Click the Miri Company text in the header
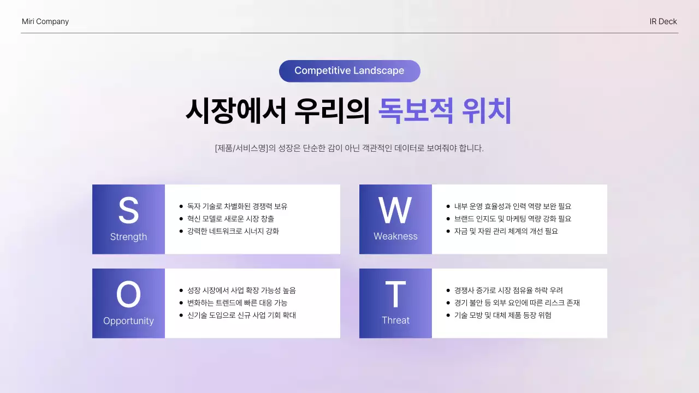(45, 22)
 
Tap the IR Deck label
(663, 22)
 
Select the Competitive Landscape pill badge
(349, 71)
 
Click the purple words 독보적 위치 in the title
(445, 111)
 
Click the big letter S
(128, 211)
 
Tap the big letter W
(395, 211)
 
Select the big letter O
(128, 295)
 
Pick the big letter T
(395, 295)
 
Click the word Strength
(128, 237)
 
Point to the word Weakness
(395, 236)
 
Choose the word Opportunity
(128, 321)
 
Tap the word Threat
(395, 320)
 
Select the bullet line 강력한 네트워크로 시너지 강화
(233, 231)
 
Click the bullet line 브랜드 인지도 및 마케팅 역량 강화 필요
(512, 219)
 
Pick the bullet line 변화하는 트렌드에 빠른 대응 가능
(237, 303)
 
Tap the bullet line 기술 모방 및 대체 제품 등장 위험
(502, 315)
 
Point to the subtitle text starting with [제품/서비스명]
(349, 148)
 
